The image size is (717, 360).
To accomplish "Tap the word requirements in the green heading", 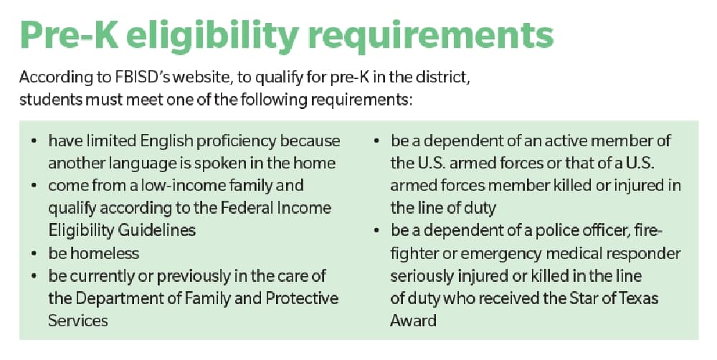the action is pyautogui.click(x=431, y=37).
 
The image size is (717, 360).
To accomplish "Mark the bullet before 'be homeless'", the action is pyautogui.click(x=34, y=254).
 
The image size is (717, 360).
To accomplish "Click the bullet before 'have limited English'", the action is pyautogui.click(x=34, y=141).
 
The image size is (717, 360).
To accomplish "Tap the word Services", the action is pyautogui.click(x=78, y=321).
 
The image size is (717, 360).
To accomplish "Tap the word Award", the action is pyautogui.click(x=413, y=321).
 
